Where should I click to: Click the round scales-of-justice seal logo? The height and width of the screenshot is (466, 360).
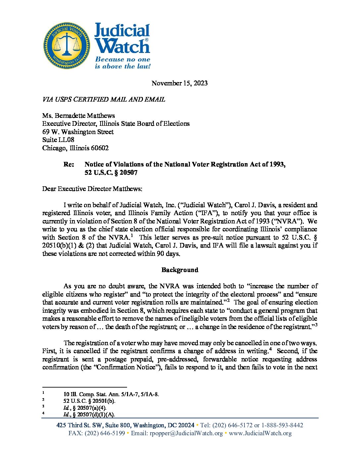pyautogui.click(x=67, y=46)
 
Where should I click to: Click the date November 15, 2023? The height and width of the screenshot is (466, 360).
pyautogui.click(x=179, y=83)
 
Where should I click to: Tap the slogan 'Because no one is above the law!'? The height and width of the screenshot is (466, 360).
pyautogui.click(x=122, y=63)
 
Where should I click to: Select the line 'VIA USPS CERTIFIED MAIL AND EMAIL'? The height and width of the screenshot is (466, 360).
pyautogui.click(x=104, y=99)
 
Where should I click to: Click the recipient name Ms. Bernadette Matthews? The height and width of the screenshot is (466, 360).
pyautogui.click(x=78, y=116)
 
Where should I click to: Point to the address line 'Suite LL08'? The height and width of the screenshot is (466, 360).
pyautogui.click(x=58, y=140)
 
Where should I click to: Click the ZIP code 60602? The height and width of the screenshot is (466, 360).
pyautogui.click(x=100, y=148)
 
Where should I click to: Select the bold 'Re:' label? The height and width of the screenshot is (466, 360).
pyautogui.click(x=69, y=164)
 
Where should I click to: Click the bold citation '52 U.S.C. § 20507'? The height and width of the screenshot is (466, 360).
pyautogui.click(x=111, y=172)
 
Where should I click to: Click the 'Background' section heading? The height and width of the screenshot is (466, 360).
pyautogui.click(x=180, y=270)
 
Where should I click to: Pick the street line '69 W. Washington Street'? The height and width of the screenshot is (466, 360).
pyautogui.click(x=78, y=132)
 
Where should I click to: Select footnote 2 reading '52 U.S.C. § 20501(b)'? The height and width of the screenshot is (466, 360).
pyautogui.click(x=89, y=401)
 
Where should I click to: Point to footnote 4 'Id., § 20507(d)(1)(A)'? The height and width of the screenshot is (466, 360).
pyautogui.click(x=89, y=414)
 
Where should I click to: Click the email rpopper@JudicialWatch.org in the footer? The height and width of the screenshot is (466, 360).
pyautogui.click(x=186, y=433)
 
